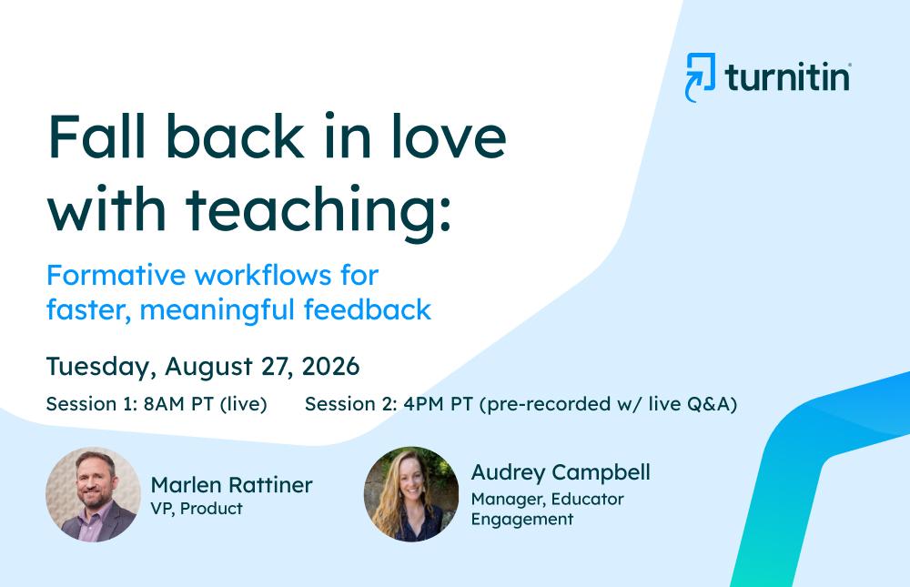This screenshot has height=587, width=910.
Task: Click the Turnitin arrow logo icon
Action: (x=701, y=77)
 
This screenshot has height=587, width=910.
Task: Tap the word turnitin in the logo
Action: (x=787, y=77)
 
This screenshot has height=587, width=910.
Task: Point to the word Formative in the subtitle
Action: (x=116, y=275)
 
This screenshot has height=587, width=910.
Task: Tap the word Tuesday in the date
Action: (x=101, y=368)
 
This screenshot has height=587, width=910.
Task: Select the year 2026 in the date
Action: (x=331, y=367)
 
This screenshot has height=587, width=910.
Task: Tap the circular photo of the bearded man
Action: (x=93, y=494)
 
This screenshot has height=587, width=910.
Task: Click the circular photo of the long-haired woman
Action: (x=411, y=494)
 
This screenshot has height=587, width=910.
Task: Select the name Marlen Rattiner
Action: (x=231, y=485)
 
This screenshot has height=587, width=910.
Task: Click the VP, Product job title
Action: (x=197, y=509)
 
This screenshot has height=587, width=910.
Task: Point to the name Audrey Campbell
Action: (x=561, y=473)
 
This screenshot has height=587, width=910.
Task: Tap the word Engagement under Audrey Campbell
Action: (x=522, y=519)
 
